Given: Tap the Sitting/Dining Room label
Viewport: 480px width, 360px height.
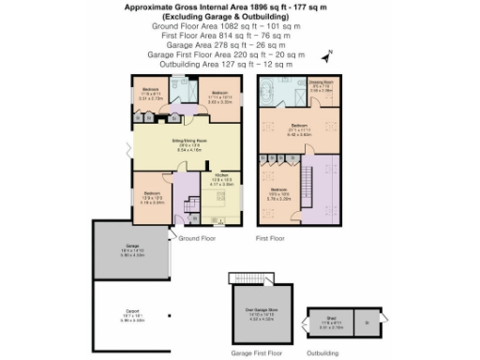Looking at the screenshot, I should coord(187,145).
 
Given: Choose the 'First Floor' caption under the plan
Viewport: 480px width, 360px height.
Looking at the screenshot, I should coord(270,239).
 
